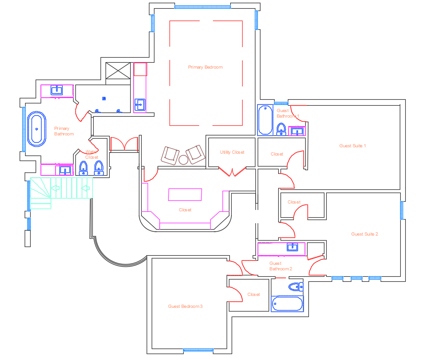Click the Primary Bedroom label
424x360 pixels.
205,67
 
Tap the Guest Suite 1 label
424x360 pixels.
352,145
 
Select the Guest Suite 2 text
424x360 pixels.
365,234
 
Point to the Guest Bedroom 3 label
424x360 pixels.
185,306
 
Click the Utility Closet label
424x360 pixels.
232,152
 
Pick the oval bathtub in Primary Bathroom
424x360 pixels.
37,129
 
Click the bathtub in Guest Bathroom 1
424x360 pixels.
265,120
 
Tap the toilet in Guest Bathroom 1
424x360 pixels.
281,129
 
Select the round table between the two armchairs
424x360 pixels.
183,160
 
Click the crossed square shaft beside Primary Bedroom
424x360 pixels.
118,71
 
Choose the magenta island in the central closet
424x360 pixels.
185,194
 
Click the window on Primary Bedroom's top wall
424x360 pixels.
202,7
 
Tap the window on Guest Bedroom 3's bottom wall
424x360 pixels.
198,350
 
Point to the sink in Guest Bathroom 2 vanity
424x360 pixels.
292,247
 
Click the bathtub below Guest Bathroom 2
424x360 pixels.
287,304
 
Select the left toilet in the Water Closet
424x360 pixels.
83,168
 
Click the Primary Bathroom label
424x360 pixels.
64,131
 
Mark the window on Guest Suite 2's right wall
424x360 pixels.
402,210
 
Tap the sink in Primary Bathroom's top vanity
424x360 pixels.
57,90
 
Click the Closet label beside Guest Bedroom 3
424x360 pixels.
254,294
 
